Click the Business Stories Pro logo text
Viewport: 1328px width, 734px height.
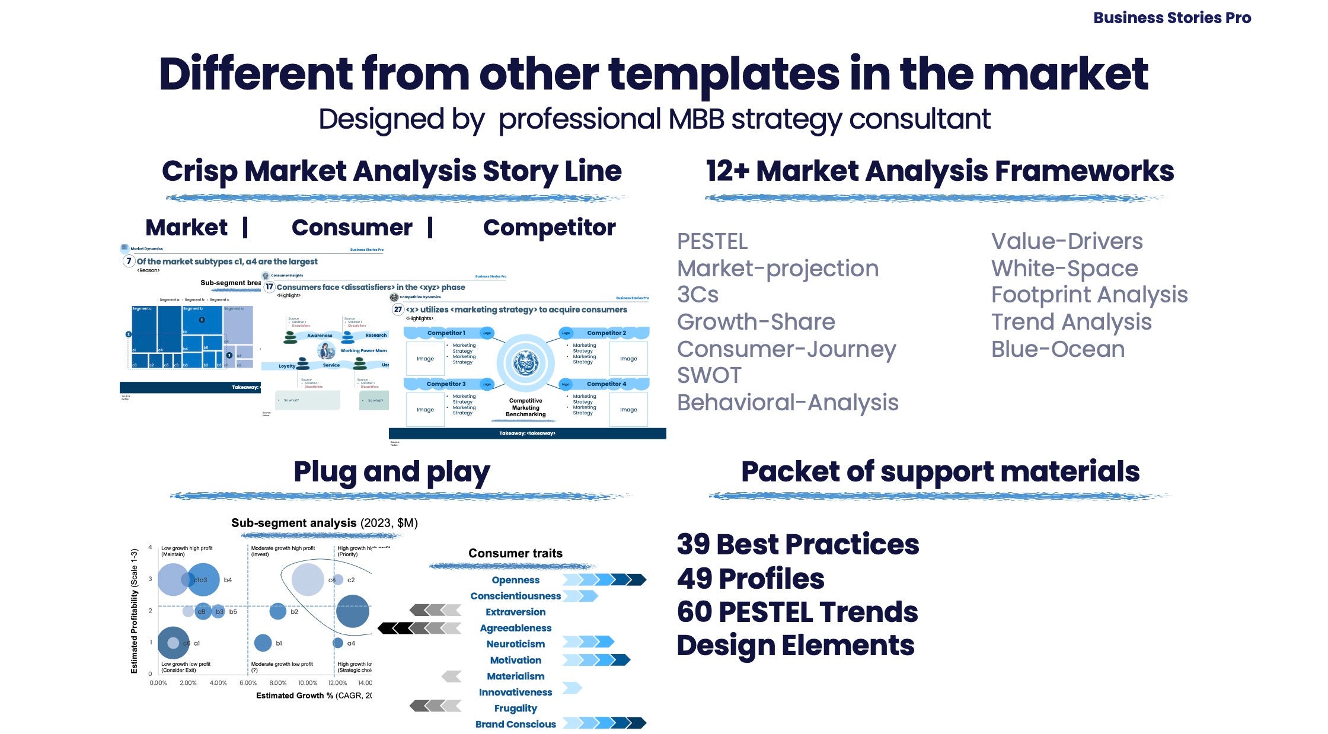pyautogui.click(x=1171, y=18)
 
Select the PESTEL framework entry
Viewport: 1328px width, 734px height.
pyautogui.click(x=712, y=242)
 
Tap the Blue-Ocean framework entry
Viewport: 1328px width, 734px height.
pyautogui.click(x=1058, y=349)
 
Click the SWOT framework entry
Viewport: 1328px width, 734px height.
pyautogui.click(x=709, y=375)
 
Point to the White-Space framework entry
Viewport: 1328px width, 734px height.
pyautogui.click(x=1064, y=269)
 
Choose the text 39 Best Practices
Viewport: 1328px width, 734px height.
pyautogui.click(x=797, y=544)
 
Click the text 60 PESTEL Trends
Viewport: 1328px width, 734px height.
pyautogui.click(x=797, y=612)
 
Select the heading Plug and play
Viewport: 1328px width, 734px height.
pyautogui.click(x=391, y=472)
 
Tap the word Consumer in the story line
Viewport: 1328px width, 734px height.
pyautogui.click(x=352, y=228)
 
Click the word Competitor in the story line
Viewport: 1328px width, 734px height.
pyautogui.click(x=549, y=228)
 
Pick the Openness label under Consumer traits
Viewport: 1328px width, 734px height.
pyautogui.click(x=515, y=580)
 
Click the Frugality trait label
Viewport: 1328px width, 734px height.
pyautogui.click(x=515, y=708)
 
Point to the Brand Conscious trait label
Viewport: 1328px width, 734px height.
pyautogui.click(x=515, y=724)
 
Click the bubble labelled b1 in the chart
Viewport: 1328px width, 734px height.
pyautogui.click(x=263, y=643)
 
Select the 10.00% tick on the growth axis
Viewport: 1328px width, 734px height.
pyautogui.click(x=307, y=683)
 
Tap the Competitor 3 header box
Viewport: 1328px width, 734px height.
pyautogui.click(x=446, y=384)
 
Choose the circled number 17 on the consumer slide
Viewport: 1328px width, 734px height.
pyautogui.click(x=269, y=287)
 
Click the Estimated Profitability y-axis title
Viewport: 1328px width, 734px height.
pyautogui.click(x=135, y=611)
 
